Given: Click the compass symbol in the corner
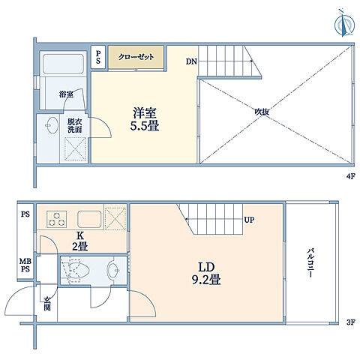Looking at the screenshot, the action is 344,24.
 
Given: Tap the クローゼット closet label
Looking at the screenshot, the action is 136,57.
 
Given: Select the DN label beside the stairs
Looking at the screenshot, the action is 191,61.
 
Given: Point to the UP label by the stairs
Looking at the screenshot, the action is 249,220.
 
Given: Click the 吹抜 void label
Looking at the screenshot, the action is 262,112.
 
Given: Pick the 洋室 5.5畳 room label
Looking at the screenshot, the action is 145,119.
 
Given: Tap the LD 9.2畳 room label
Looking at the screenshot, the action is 206,274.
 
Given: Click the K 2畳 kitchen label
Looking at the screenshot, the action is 80,241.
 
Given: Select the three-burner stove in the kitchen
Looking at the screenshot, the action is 56,219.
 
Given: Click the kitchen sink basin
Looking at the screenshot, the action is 89,219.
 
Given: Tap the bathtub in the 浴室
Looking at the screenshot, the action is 63,64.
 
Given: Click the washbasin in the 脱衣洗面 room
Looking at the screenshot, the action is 52,125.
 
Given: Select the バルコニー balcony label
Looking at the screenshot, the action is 310,262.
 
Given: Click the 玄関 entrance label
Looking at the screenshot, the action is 47,304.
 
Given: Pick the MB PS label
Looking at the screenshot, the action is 25,265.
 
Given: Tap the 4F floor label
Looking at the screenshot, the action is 351,176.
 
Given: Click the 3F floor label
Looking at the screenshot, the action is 351,322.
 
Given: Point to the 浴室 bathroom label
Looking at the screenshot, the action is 66,94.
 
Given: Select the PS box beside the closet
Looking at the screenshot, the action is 98,57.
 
